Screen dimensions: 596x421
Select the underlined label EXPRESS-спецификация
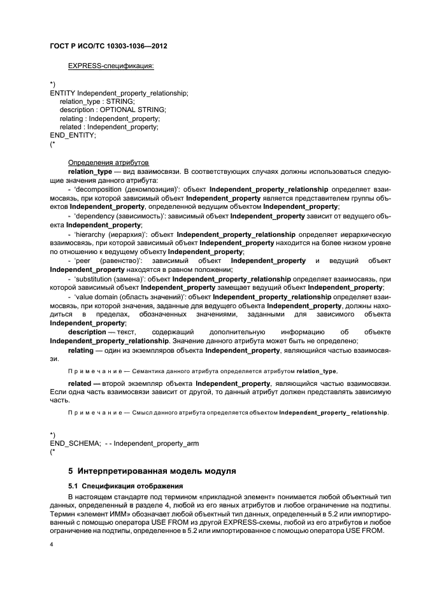(111, 66)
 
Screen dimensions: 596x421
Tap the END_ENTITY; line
(73, 135)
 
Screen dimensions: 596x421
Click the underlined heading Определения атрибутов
(108, 162)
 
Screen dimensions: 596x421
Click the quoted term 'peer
(82, 261)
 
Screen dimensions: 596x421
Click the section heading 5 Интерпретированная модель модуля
(152, 472)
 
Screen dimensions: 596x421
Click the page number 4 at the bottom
(52, 545)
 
